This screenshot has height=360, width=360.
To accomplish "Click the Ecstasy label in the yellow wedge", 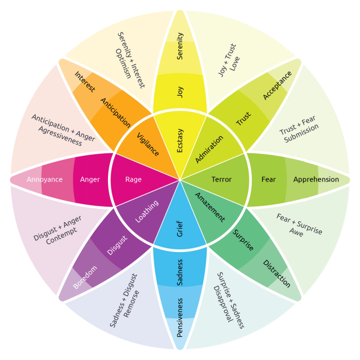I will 180,140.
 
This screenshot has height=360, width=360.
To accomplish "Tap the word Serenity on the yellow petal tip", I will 180,46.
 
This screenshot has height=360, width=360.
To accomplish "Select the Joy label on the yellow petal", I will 180,92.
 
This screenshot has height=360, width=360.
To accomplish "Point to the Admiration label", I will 210,149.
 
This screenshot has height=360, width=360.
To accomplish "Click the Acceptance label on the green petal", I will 277,85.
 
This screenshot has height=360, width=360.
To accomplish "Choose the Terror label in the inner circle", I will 222,179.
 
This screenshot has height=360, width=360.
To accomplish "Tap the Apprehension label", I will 316,179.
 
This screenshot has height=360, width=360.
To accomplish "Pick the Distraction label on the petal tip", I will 277,274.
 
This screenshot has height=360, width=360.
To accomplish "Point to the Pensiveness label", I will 180,317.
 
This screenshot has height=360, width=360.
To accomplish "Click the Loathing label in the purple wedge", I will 147,211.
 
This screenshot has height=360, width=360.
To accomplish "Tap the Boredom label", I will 84,278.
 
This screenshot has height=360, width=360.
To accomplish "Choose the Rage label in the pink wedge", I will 133,179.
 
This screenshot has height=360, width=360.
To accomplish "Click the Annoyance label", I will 45,179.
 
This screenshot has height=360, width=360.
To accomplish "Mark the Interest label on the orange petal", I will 85,82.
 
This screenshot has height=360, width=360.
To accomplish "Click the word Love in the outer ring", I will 235,64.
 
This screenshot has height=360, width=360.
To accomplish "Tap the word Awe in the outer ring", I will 296,232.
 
